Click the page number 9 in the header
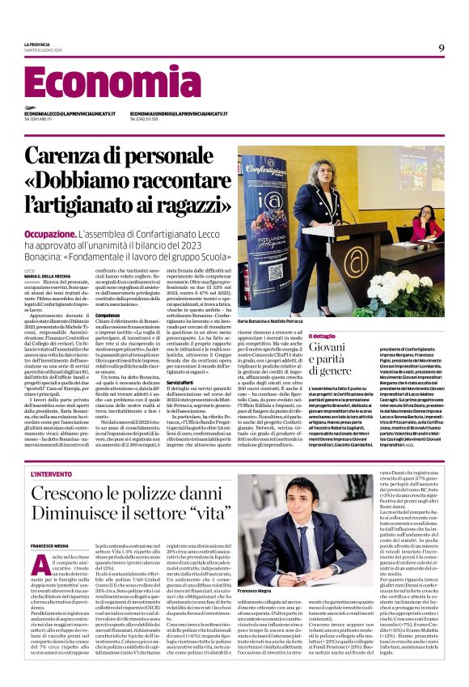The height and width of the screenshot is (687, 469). [442, 48]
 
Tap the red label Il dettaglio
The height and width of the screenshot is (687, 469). [321, 336]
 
